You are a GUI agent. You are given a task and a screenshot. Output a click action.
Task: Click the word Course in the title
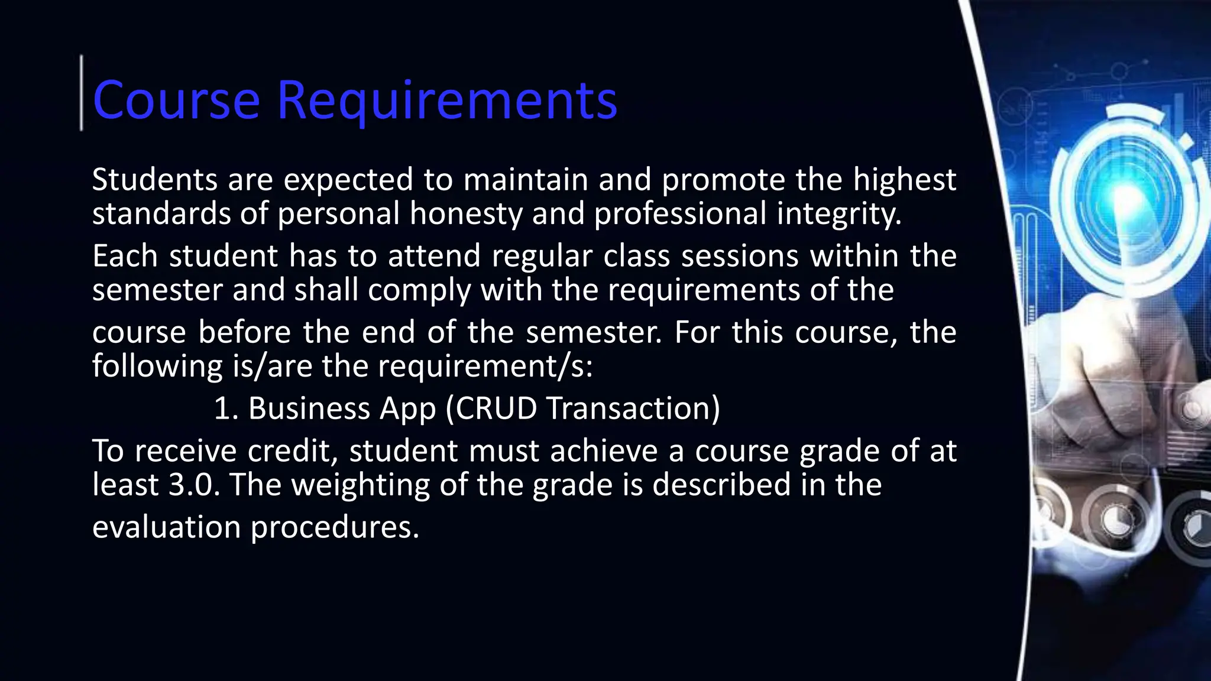[176, 100]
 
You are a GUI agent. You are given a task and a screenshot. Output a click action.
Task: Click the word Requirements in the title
[447, 100]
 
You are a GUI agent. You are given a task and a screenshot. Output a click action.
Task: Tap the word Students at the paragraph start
[154, 180]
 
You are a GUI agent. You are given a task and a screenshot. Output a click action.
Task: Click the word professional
[680, 215]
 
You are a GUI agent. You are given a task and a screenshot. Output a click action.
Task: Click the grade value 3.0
[193, 485]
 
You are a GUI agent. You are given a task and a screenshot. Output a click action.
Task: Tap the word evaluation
[166, 527]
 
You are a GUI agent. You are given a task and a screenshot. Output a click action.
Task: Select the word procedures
[335, 528]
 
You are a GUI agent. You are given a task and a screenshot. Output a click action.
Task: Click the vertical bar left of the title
[82, 92]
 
